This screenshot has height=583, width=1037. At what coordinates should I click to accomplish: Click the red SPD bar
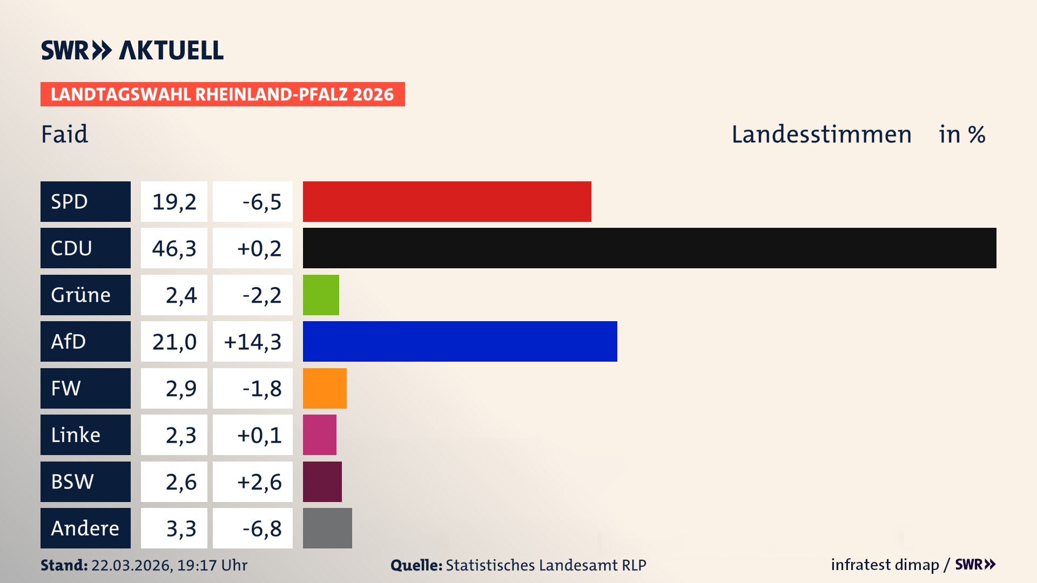pyautogui.click(x=447, y=201)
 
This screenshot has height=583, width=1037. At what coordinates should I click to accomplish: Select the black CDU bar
pyautogui.click(x=649, y=248)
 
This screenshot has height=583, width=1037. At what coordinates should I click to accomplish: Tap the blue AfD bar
pyautogui.click(x=460, y=342)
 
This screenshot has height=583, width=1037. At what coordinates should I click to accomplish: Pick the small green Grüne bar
pyautogui.click(x=321, y=295)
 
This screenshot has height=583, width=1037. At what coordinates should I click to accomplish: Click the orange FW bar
pyautogui.click(x=325, y=388)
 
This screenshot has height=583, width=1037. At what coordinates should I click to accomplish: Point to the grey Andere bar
pyautogui.click(x=327, y=528)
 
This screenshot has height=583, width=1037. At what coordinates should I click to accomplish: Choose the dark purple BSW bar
pyautogui.click(x=322, y=482)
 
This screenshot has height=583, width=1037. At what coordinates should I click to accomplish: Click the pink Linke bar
pyautogui.click(x=319, y=435)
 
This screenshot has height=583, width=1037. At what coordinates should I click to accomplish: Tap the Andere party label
pyautogui.click(x=85, y=528)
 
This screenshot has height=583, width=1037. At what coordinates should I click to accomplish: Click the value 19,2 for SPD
pyautogui.click(x=174, y=202)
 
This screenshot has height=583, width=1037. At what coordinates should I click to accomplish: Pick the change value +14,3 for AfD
pyautogui.click(x=253, y=342)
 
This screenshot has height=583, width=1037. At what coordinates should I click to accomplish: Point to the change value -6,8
pyautogui.click(x=261, y=528)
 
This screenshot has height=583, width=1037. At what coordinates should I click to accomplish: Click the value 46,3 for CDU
pyautogui.click(x=174, y=248)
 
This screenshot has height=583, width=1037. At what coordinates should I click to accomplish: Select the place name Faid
pyautogui.click(x=64, y=134)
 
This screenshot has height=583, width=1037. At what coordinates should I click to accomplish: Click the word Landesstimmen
pyautogui.click(x=821, y=134)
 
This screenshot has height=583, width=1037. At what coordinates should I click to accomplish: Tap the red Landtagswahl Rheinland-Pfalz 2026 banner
pyautogui.click(x=223, y=94)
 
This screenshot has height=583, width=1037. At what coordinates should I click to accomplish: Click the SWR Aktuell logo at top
pyautogui.click(x=132, y=50)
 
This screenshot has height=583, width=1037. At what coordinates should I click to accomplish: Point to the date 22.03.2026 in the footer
pyautogui.click(x=131, y=565)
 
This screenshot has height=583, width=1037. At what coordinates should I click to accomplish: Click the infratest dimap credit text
pyautogui.click(x=884, y=565)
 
